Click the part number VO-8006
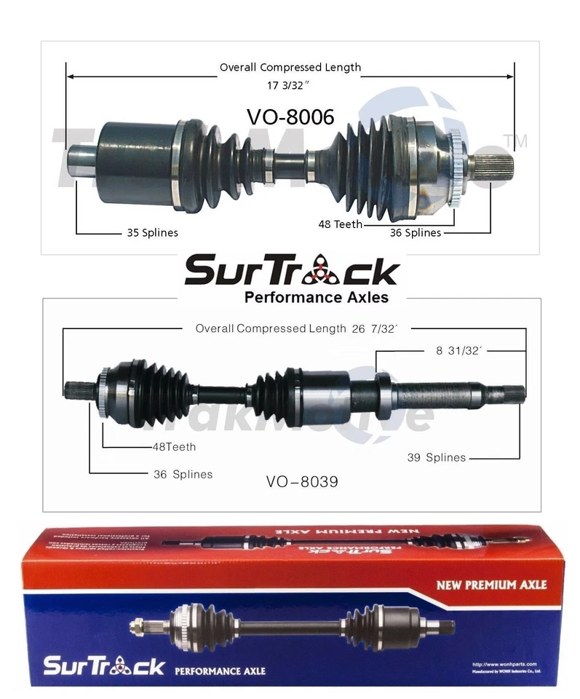pos(290,116)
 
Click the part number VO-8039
pos(302,481)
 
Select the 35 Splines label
pos(148,233)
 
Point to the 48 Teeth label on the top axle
pos(340,224)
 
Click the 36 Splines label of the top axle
pos(416,233)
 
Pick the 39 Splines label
pos(436,457)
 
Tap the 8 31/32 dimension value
pos(460,350)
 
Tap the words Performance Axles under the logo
pos(316,297)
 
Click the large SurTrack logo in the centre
pos(291,271)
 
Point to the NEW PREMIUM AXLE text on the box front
pos(491,584)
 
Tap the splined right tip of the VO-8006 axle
pos(496,165)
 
